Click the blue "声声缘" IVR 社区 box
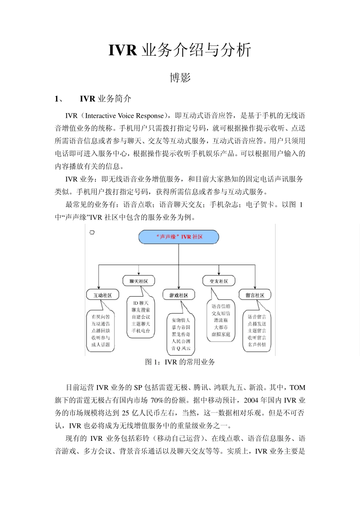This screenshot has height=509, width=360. tap(179, 237)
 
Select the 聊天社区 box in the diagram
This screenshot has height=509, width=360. tap(139, 281)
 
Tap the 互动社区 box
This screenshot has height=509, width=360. tap(102, 295)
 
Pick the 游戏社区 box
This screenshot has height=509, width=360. tap(178, 295)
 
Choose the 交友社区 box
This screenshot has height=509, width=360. tap(219, 281)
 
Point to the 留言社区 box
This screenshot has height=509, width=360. tap(255, 295)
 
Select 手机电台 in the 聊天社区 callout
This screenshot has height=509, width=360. tap(141, 331)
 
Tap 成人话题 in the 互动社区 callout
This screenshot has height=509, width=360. tap(100, 345)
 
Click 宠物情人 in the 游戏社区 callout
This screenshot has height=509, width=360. tap(181, 320)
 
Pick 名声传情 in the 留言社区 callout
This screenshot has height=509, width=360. tap(257, 345)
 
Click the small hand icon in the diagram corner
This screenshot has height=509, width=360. tap(92, 232)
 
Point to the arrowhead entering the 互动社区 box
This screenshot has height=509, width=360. tap(99, 288)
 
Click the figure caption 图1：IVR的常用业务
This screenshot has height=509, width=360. tap(180, 362)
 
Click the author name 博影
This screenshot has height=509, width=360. tap(180, 78)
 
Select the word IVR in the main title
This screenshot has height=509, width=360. tap(122, 50)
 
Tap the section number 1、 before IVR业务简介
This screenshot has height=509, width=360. tap(59, 99)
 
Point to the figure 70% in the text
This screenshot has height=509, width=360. tap(157, 400)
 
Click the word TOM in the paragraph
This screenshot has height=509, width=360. tap(297, 387)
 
